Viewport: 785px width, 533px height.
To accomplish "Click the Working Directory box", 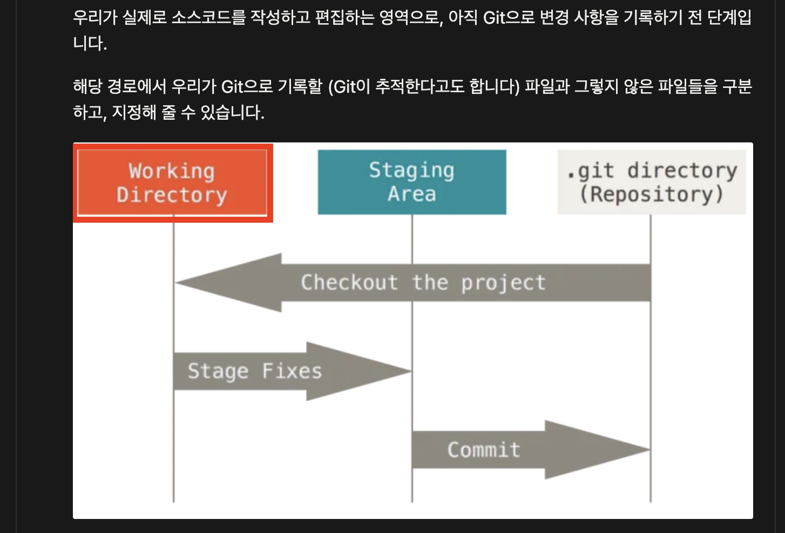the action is click(172, 183).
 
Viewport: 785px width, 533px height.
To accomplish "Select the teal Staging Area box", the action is click(412, 182).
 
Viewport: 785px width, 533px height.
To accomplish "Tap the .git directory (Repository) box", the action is click(652, 182).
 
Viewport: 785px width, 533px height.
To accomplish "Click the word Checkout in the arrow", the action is click(349, 283).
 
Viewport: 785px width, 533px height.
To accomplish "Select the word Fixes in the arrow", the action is click(292, 371).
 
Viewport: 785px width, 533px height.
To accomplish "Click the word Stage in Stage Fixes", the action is click(218, 372).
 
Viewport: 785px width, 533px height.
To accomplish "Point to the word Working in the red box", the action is click(172, 172).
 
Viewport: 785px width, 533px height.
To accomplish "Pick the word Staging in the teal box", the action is click(411, 171).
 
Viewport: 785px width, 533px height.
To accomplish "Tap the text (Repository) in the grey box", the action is click(651, 194).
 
